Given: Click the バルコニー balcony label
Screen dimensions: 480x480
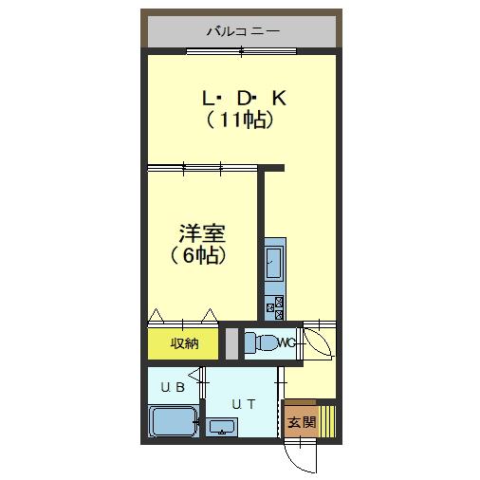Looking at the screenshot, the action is point(243,31).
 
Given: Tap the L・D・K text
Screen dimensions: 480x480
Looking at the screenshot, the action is point(244,99).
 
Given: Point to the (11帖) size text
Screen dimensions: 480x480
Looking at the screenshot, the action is point(239,120).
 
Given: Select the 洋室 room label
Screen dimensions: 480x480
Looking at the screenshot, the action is point(202,233).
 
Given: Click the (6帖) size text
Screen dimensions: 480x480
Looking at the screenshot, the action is point(198,255).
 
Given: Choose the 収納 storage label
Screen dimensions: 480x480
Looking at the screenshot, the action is point(185,343).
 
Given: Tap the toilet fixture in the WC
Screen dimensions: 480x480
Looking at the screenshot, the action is point(261,342).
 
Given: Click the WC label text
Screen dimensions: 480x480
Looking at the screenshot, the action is point(287,342).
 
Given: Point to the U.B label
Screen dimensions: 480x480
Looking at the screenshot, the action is point(173,387).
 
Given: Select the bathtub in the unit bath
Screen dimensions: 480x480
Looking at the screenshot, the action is point(174,421).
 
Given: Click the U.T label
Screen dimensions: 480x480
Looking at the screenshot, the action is point(244,404).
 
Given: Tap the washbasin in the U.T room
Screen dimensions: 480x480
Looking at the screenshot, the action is point(221,427).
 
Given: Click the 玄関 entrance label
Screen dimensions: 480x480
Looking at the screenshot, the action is point(302,421).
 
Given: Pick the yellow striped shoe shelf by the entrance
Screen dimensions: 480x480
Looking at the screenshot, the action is point(327,421).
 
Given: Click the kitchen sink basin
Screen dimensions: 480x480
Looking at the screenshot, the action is point(273,263).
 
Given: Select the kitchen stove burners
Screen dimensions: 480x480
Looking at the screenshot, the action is point(274,308).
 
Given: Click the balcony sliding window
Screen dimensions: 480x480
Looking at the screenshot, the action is point(242,51).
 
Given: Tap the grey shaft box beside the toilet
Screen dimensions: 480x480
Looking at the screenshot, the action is point(231,343).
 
